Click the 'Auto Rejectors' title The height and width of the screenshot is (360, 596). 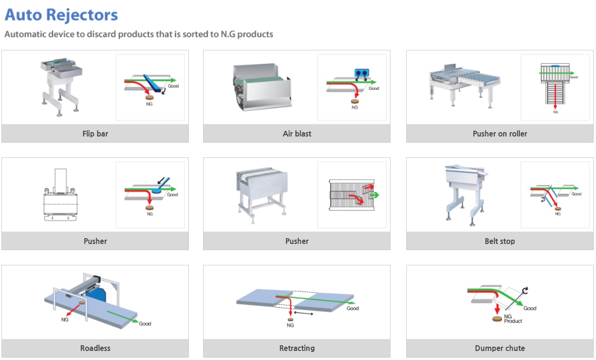(x=61, y=15)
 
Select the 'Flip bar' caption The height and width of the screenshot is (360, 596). (x=95, y=134)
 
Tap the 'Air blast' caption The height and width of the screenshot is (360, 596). (x=297, y=134)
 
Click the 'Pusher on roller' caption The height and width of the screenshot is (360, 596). (x=500, y=134)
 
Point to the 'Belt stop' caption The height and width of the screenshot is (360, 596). (x=500, y=241)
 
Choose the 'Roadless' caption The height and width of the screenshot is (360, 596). (x=95, y=348)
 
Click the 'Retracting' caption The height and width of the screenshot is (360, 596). (x=297, y=348)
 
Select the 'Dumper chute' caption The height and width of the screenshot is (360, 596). (x=500, y=348)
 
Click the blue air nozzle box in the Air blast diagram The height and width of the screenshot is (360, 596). (x=362, y=73)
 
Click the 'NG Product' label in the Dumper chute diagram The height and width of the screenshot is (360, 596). (x=513, y=319)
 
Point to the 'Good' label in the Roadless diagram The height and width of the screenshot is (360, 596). (x=145, y=323)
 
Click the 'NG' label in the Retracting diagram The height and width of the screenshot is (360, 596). (x=290, y=325)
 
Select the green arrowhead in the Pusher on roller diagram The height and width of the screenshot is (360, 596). (x=572, y=73)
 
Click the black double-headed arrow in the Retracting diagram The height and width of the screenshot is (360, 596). (x=303, y=313)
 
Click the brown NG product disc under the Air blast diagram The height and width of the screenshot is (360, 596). (x=355, y=101)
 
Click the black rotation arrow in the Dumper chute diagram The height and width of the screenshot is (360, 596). (x=525, y=291)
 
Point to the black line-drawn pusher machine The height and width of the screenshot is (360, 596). (x=60, y=195)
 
